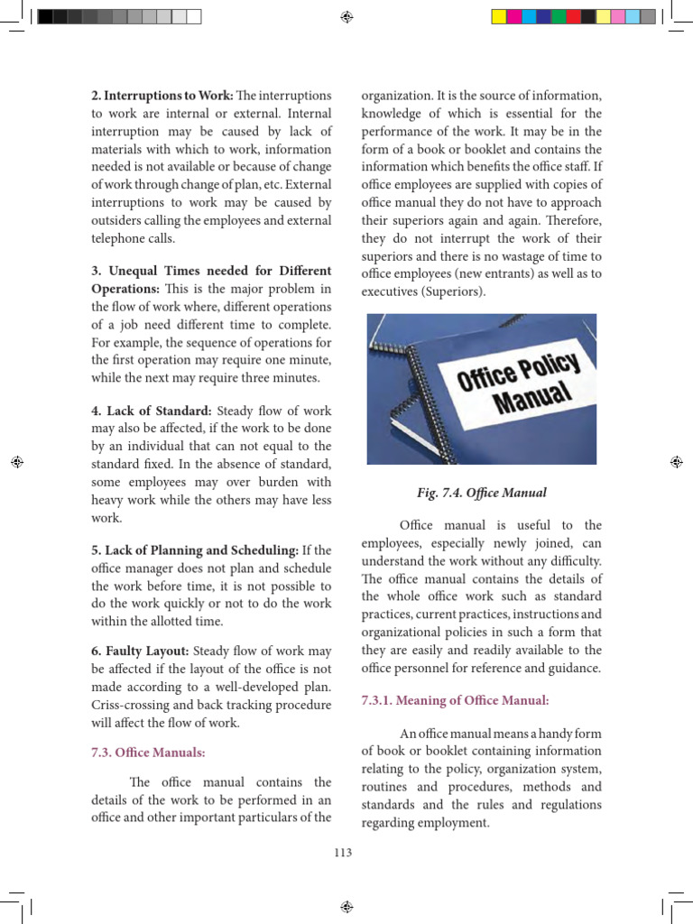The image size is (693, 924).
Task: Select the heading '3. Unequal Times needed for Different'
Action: click(x=211, y=270)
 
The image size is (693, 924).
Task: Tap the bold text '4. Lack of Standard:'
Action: click(x=151, y=411)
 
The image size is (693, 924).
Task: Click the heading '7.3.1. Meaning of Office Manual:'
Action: click(x=455, y=699)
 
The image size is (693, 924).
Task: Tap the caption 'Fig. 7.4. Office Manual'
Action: click(x=482, y=493)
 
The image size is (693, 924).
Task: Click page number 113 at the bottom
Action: click(x=343, y=853)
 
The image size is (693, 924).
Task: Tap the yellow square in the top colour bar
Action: click(x=498, y=16)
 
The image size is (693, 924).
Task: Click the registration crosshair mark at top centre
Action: click(x=346, y=16)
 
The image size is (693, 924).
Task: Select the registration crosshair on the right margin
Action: click(x=676, y=461)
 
